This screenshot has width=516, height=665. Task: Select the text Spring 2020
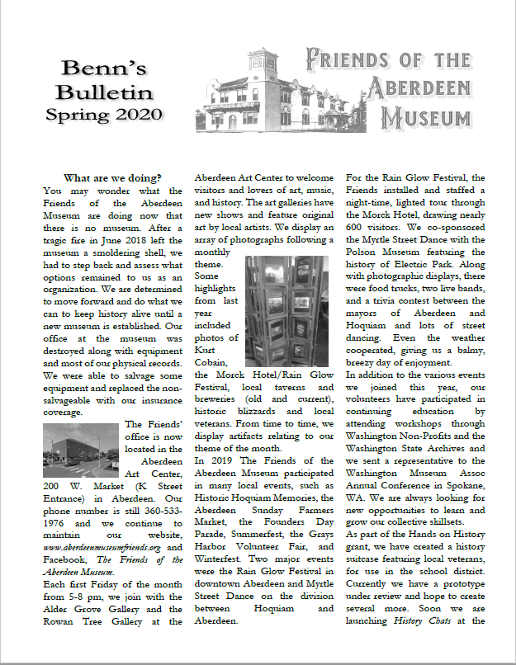click(104, 113)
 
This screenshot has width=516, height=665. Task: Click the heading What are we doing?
click(112, 177)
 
